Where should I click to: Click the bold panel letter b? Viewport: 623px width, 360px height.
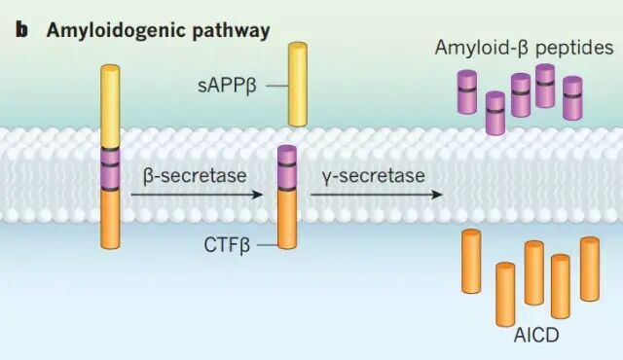tap(21, 30)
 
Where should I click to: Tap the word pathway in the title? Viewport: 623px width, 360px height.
tap(232, 31)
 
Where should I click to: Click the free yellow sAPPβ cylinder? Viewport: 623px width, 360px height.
tap(298, 85)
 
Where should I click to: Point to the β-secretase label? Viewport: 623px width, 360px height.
tap(195, 176)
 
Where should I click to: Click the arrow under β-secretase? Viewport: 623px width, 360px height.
tap(197, 195)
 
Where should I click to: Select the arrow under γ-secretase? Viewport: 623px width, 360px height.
tap(377, 195)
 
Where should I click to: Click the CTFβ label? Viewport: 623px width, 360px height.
tap(227, 245)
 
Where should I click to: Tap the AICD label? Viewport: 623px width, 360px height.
tap(536, 336)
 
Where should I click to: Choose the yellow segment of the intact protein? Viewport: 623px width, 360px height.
tap(110, 106)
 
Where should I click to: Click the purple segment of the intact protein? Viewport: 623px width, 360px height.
tap(110, 169)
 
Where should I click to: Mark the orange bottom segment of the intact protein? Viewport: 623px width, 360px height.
tap(110, 220)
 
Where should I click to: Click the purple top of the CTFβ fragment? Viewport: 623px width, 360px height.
tap(287, 167)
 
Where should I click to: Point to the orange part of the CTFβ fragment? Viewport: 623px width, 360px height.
tap(287, 219)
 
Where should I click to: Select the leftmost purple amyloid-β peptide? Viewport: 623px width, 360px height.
tap(467, 92)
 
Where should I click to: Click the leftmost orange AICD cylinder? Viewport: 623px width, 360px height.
tap(471, 262)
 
